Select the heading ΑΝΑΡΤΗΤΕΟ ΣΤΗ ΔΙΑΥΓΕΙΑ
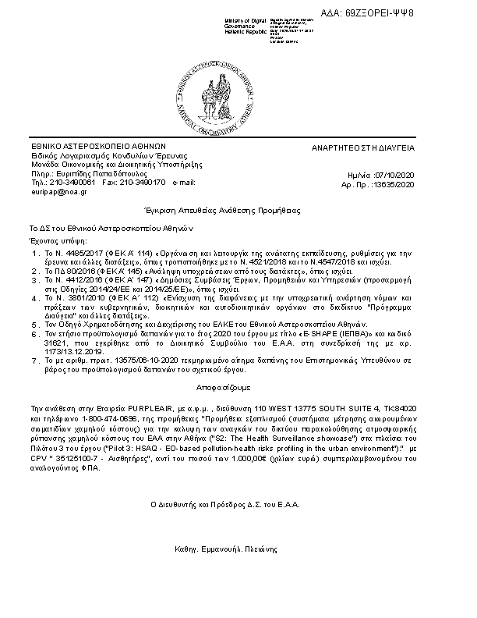coord(374,147)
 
